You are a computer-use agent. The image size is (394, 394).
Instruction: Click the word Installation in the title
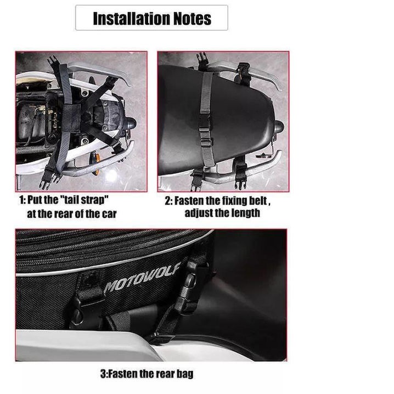[x=131, y=18]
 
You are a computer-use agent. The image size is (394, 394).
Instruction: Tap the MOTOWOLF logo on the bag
[x=142, y=278]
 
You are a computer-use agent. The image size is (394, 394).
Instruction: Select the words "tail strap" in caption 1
[x=85, y=200]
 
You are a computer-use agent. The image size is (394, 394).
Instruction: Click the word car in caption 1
[x=109, y=214]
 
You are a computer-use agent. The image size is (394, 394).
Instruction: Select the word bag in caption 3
[x=185, y=373]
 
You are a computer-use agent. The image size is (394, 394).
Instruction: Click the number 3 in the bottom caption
[x=103, y=374]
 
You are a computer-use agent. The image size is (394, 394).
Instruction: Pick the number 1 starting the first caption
[x=21, y=200]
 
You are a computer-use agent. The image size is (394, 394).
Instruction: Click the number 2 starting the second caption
[x=167, y=201]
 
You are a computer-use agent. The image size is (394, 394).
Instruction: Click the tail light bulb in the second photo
[x=278, y=126]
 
